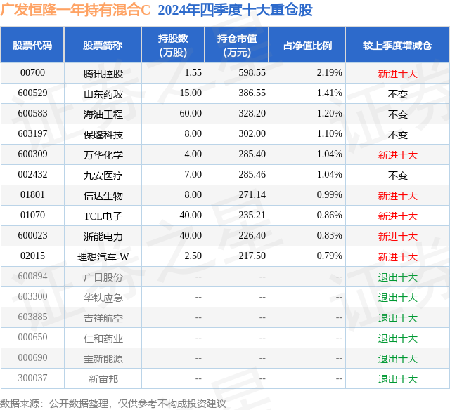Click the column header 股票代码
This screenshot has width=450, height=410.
click(x=32, y=46)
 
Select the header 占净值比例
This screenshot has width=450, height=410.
click(x=308, y=46)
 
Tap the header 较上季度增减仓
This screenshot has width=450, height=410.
click(x=397, y=46)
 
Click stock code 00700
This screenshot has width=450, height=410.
click(x=32, y=72)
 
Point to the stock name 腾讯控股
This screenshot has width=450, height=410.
click(x=103, y=74)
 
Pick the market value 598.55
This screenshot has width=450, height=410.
click(x=252, y=72)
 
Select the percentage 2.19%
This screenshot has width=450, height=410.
click(x=330, y=72)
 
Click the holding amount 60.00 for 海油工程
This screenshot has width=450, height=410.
click(x=191, y=113)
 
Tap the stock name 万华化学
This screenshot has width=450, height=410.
click(x=103, y=155)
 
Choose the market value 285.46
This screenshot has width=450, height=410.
click(x=252, y=174)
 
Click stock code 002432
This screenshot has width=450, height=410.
click(x=32, y=174)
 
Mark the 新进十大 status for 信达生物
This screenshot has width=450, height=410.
click(x=397, y=196)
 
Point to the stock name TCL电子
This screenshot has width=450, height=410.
click(x=103, y=216)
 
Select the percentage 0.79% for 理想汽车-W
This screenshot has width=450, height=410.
click(x=330, y=256)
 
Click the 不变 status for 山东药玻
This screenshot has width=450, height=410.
click(x=397, y=94)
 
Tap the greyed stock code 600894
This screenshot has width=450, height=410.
click(x=32, y=276)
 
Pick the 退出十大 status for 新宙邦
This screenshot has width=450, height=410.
click(x=397, y=379)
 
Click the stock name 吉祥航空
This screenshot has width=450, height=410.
click(x=103, y=318)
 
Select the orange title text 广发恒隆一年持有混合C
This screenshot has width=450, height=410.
click(x=75, y=10)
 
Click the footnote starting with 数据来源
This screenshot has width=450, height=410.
click(x=112, y=404)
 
